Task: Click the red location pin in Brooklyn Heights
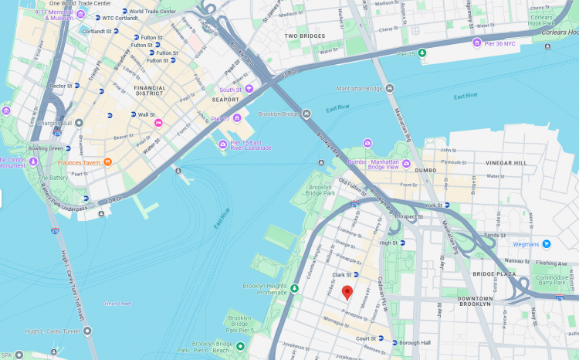(x=347, y=293)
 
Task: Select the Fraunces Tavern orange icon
(x=107, y=161)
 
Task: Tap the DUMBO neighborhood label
(x=425, y=170)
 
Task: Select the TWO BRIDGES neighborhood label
(x=304, y=36)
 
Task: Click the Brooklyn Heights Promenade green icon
(x=294, y=288)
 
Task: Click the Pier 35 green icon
(x=422, y=53)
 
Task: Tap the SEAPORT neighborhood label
(x=226, y=100)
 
